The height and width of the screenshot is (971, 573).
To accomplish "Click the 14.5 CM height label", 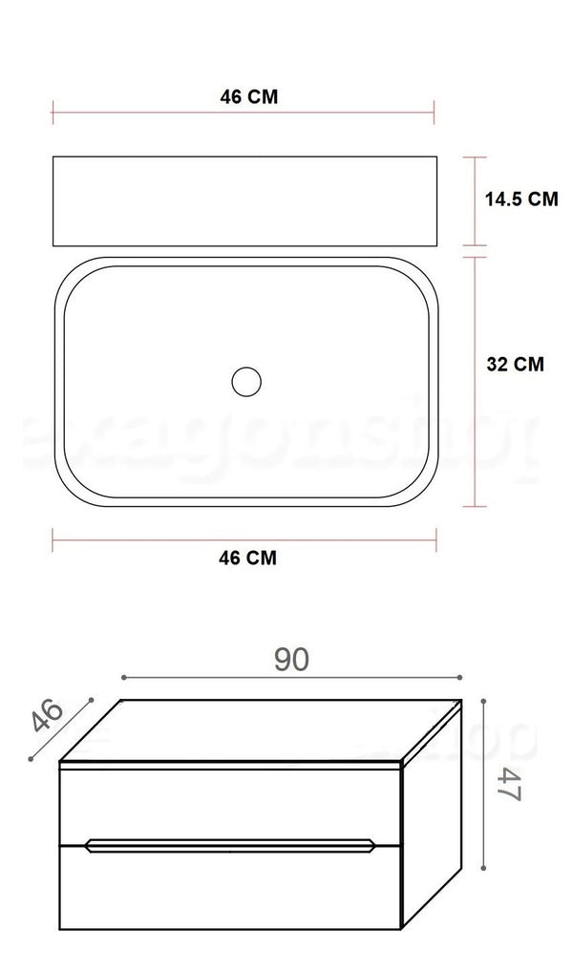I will pos(520,199).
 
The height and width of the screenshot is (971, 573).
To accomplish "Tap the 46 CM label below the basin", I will pos(246,559).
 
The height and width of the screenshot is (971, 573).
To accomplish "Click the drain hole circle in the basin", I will pos(245,381).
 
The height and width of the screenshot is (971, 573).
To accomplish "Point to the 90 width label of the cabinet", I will pos(292,658).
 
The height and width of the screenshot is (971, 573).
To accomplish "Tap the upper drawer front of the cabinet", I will pos(229,802).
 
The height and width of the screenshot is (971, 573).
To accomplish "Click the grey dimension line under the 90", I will pos(292,677).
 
